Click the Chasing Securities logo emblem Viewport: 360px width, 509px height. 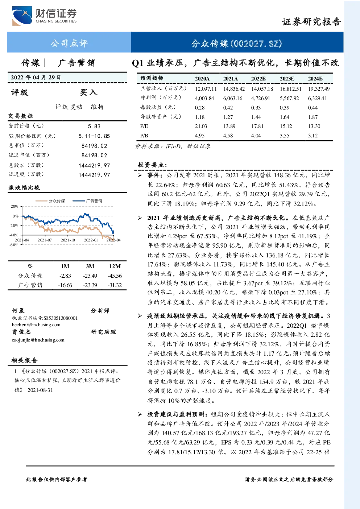click(x=22, y=16)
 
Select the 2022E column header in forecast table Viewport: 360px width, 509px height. click(x=258, y=79)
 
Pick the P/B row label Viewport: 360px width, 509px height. click(x=144, y=136)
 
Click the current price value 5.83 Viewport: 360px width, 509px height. click(x=94, y=126)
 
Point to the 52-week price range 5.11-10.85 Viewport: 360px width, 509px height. click(x=94, y=136)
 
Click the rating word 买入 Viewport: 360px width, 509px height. click(x=88, y=92)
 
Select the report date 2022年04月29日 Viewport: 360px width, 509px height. click(x=36, y=77)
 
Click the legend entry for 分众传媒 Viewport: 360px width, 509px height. click(x=50, y=200)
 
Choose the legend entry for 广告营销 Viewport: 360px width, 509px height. click(x=87, y=200)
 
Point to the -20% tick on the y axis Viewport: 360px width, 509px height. click(x=14, y=225)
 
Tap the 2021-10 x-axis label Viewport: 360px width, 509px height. click(x=68, y=240)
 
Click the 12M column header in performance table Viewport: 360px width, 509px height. click(x=115, y=266)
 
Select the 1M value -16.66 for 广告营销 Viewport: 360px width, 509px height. click(x=65, y=285)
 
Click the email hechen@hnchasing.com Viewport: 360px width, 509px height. click(x=36, y=325)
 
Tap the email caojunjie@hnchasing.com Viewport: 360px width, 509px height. click(x=38, y=340)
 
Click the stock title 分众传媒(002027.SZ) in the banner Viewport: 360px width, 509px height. click(x=236, y=44)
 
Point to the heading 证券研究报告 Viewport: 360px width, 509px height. click(x=311, y=22)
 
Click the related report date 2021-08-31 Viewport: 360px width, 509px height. click(x=40, y=390)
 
